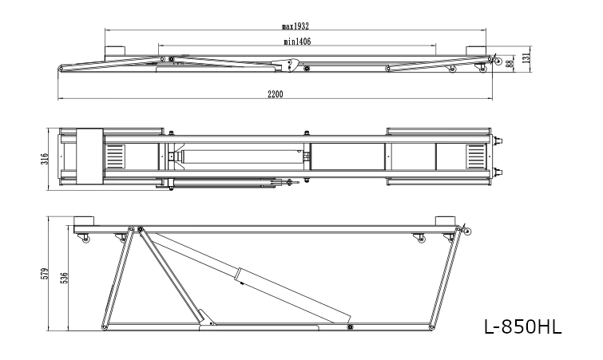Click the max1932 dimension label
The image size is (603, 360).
[296, 26]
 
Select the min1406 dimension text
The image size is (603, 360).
[297, 42]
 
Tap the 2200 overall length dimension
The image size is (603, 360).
[276, 93]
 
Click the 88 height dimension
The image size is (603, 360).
[510, 63]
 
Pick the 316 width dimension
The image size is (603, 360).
[45, 158]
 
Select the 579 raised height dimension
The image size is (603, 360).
[45, 274]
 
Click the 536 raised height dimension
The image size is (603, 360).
[64, 278]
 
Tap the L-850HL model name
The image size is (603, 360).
[522, 327]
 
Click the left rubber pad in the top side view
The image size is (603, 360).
[114, 50]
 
